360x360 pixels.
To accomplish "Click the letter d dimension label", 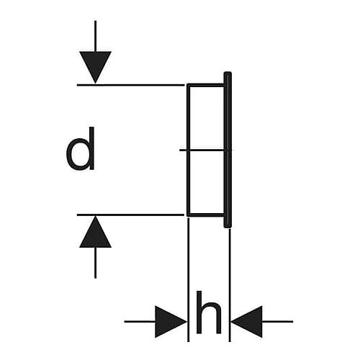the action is [x=81, y=148].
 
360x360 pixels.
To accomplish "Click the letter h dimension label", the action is [x=209, y=312].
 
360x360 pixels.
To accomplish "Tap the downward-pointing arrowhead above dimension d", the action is [x=95, y=67].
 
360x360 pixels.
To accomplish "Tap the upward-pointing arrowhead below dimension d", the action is [x=95, y=232].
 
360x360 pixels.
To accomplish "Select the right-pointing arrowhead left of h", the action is [x=171, y=322].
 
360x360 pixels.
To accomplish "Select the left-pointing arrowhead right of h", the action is [x=247, y=322].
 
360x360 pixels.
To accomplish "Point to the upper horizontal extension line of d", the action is [x=130, y=85].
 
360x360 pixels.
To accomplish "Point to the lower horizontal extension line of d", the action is [x=130, y=215].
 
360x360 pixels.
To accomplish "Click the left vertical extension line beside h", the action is [x=189, y=279].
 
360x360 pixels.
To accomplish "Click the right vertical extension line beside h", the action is [x=230, y=285].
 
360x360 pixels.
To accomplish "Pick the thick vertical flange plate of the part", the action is [x=228, y=150].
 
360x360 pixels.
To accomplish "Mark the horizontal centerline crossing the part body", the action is [x=205, y=150].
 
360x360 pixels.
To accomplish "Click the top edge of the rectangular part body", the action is [x=206, y=85].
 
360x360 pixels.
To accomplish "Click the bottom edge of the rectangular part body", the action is [x=206, y=215].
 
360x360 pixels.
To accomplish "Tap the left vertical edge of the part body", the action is [x=189, y=150].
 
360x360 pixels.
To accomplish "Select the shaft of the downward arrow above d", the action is [x=95, y=36].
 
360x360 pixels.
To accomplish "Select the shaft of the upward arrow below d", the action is [x=95, y=263].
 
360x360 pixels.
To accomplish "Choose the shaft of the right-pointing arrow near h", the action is [x=140, y=321].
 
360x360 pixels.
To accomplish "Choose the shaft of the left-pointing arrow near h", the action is [x=278, y=321].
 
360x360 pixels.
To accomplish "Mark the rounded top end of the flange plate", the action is [x=228, y=73].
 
